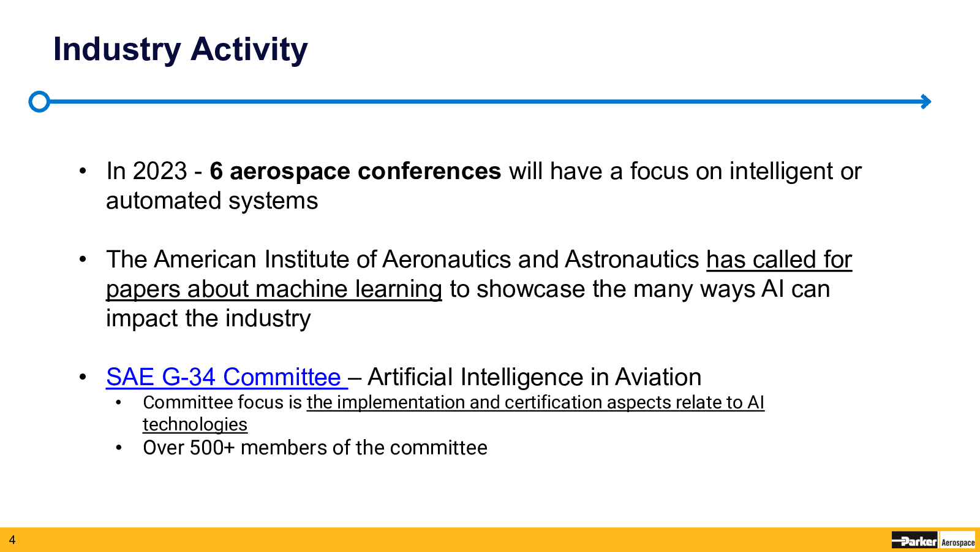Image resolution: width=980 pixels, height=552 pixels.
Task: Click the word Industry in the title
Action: (x=117, y=50)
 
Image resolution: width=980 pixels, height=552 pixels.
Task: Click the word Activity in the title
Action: (x=249, y=50)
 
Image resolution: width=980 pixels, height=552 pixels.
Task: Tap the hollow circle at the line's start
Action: (x=39, y=102)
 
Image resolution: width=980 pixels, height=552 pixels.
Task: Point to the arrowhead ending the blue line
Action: (x=925, y=102)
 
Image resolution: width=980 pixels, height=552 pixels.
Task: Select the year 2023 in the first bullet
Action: (x=160, y=171)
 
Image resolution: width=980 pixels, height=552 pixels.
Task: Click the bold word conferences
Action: (x=429, y=171)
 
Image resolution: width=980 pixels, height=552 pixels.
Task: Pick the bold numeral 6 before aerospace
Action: (x=216, y=171)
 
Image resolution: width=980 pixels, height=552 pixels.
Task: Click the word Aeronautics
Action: (x=447, y=259)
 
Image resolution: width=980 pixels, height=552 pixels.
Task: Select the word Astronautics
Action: (x=631, y=259)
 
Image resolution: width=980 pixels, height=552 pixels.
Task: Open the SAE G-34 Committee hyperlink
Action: (x=224, y=377)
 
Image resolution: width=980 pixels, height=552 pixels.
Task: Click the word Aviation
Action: (x=658, y=377)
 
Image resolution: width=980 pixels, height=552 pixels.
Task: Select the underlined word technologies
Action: (x=195, y=424)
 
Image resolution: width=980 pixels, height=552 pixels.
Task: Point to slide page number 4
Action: (x=12, y=540)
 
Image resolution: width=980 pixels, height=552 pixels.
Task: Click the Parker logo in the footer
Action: (x=914, y=540)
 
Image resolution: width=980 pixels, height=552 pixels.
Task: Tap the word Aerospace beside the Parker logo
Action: (x=958, y=542)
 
